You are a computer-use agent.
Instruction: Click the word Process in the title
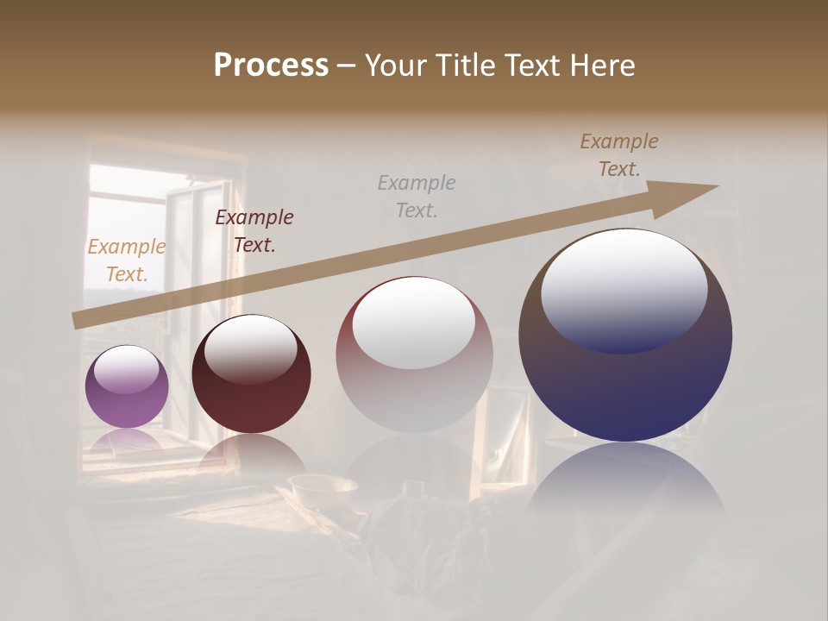(x=271, y=65)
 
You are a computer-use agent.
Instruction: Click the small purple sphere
(x=127, y=386)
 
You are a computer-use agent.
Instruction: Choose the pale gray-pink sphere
(x=414, y=355)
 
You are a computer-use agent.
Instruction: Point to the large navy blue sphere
(x=625, y=336)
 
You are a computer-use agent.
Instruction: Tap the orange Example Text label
(x=126, y=260)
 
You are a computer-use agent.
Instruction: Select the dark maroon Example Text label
(x=254, y=231)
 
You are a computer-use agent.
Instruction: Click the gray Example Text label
(x=417, y=196)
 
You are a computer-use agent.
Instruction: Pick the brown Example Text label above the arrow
(x=618, y=155)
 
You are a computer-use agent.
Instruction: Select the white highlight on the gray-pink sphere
(x=414, y=323)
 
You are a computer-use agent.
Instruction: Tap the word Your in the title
(x=398, y=65)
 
